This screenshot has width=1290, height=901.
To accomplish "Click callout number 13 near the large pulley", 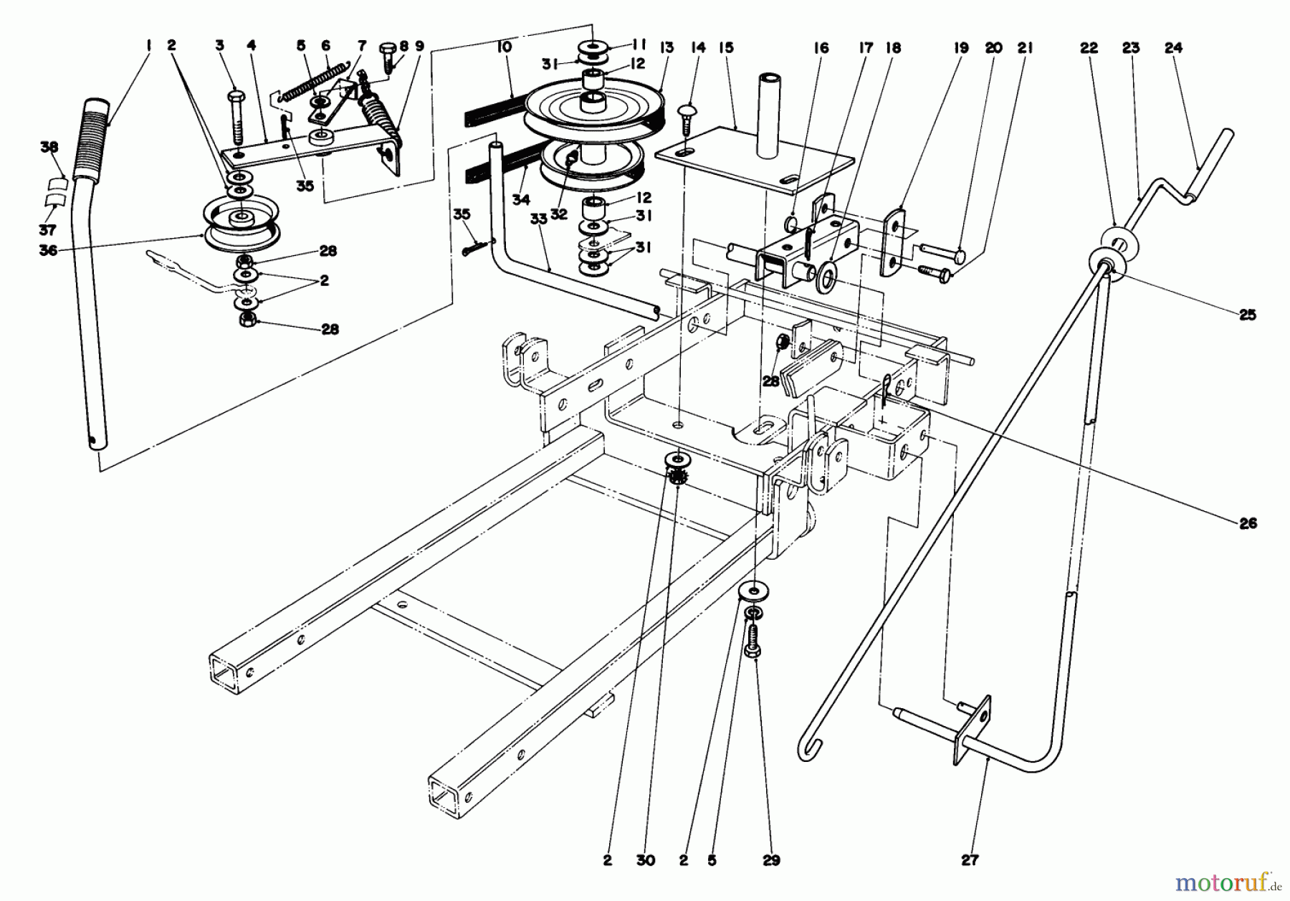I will click(666, 48).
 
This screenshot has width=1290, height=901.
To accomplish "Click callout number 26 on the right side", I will click(1248, 524).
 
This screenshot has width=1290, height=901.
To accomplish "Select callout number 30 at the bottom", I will click(646, 860).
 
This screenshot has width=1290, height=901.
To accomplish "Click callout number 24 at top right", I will click(1173, 48).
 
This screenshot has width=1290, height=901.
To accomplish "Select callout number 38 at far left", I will click(49, 147).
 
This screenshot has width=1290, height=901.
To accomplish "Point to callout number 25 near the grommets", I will click(1248, 315).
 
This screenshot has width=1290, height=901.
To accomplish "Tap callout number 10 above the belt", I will click(503, 48).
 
